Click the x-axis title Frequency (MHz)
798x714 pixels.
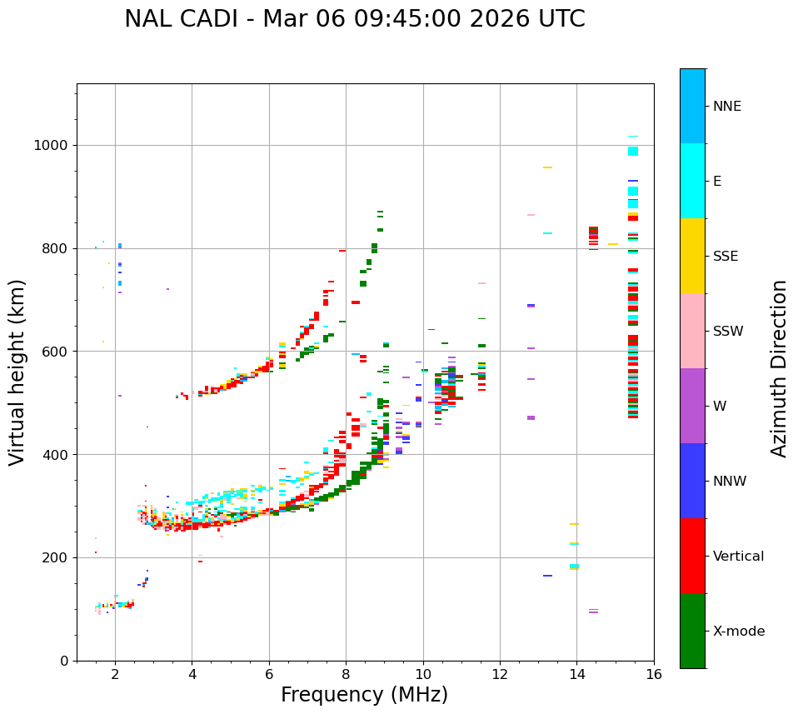click(364, 695)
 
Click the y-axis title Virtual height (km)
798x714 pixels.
click(17, 372)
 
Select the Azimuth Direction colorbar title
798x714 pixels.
click(779, 368)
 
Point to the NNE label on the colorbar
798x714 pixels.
click(726, 107)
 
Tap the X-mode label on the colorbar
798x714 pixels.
click(738, 632)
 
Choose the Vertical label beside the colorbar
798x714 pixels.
click(738, 557)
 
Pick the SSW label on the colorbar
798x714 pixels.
click(728, 332)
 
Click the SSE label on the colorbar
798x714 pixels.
click(726, 257)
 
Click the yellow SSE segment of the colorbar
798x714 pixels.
click(692, 256)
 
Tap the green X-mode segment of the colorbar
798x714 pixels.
click(692, 631)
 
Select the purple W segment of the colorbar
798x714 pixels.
click(692, 406)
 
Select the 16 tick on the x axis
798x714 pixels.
click(654, 674)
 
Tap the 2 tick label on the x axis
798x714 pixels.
click(115, 674)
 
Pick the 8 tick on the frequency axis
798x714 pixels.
click(346, 674)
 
